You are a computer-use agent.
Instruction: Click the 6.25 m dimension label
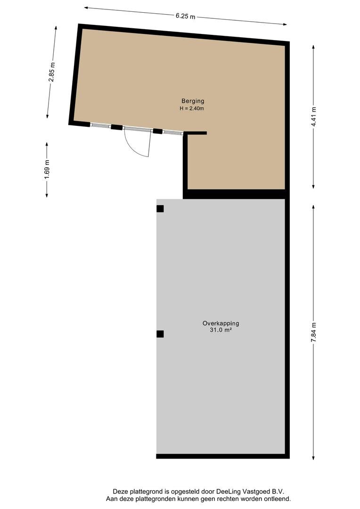185,16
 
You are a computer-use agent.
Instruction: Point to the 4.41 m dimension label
313,116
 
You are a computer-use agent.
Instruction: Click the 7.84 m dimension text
313,332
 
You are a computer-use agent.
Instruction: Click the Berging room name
193,101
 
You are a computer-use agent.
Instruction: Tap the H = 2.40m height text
192,108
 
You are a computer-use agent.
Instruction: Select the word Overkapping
221,323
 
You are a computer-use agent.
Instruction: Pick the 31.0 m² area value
221,330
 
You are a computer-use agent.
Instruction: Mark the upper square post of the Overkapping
160,209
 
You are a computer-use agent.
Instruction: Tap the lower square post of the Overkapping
160,334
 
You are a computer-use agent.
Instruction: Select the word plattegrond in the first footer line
143,492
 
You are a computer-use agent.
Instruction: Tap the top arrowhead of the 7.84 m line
313,206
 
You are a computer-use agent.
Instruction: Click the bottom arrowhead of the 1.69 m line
47,196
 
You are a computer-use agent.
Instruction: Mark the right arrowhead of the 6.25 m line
285,24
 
